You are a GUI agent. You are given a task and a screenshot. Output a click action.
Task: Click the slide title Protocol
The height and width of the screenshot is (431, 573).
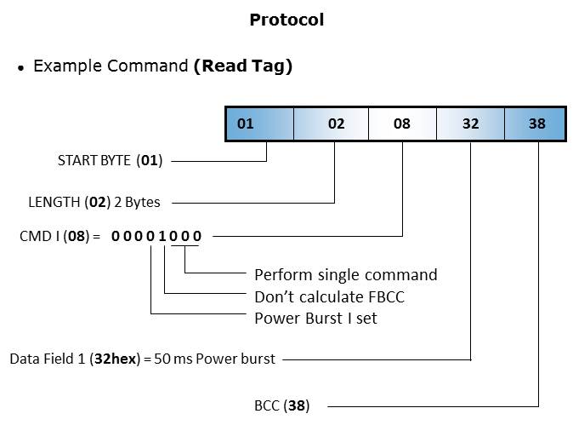click(x=286, y=20)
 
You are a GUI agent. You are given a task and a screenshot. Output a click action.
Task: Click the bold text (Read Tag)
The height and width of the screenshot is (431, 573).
click(x=242, y=66)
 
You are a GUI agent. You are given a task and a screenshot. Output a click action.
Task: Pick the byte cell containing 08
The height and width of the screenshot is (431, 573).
click(x=402, y=124)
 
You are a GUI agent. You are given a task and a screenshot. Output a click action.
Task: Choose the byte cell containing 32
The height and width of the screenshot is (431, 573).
click(x=470, y=124)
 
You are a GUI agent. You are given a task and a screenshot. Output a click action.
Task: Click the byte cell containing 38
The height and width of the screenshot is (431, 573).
click(x=536, y=124)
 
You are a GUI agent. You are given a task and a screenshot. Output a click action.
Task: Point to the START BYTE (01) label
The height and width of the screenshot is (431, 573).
click(x=110, y=160)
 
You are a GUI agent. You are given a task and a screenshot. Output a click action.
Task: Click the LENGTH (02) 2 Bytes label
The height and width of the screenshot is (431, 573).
click(x=94, y=203)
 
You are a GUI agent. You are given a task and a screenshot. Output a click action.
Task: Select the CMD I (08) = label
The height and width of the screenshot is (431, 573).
click(x=60, y=235)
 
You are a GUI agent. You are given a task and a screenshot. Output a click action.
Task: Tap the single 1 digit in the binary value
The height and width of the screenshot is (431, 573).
click(x=162, y=235)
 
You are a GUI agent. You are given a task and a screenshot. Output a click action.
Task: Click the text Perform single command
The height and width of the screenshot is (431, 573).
click(x=345, y=274)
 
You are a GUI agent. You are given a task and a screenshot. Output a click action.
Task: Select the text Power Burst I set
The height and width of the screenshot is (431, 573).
click(x=315, y=319)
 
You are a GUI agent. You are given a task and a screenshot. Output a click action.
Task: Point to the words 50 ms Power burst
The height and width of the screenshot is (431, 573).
click(x=215, y=359)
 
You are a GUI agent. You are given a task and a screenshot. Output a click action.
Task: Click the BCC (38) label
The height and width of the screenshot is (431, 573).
click(x=284, y=405)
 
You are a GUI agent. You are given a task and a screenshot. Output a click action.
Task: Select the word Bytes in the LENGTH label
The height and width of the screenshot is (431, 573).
click(x=142, y=203)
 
